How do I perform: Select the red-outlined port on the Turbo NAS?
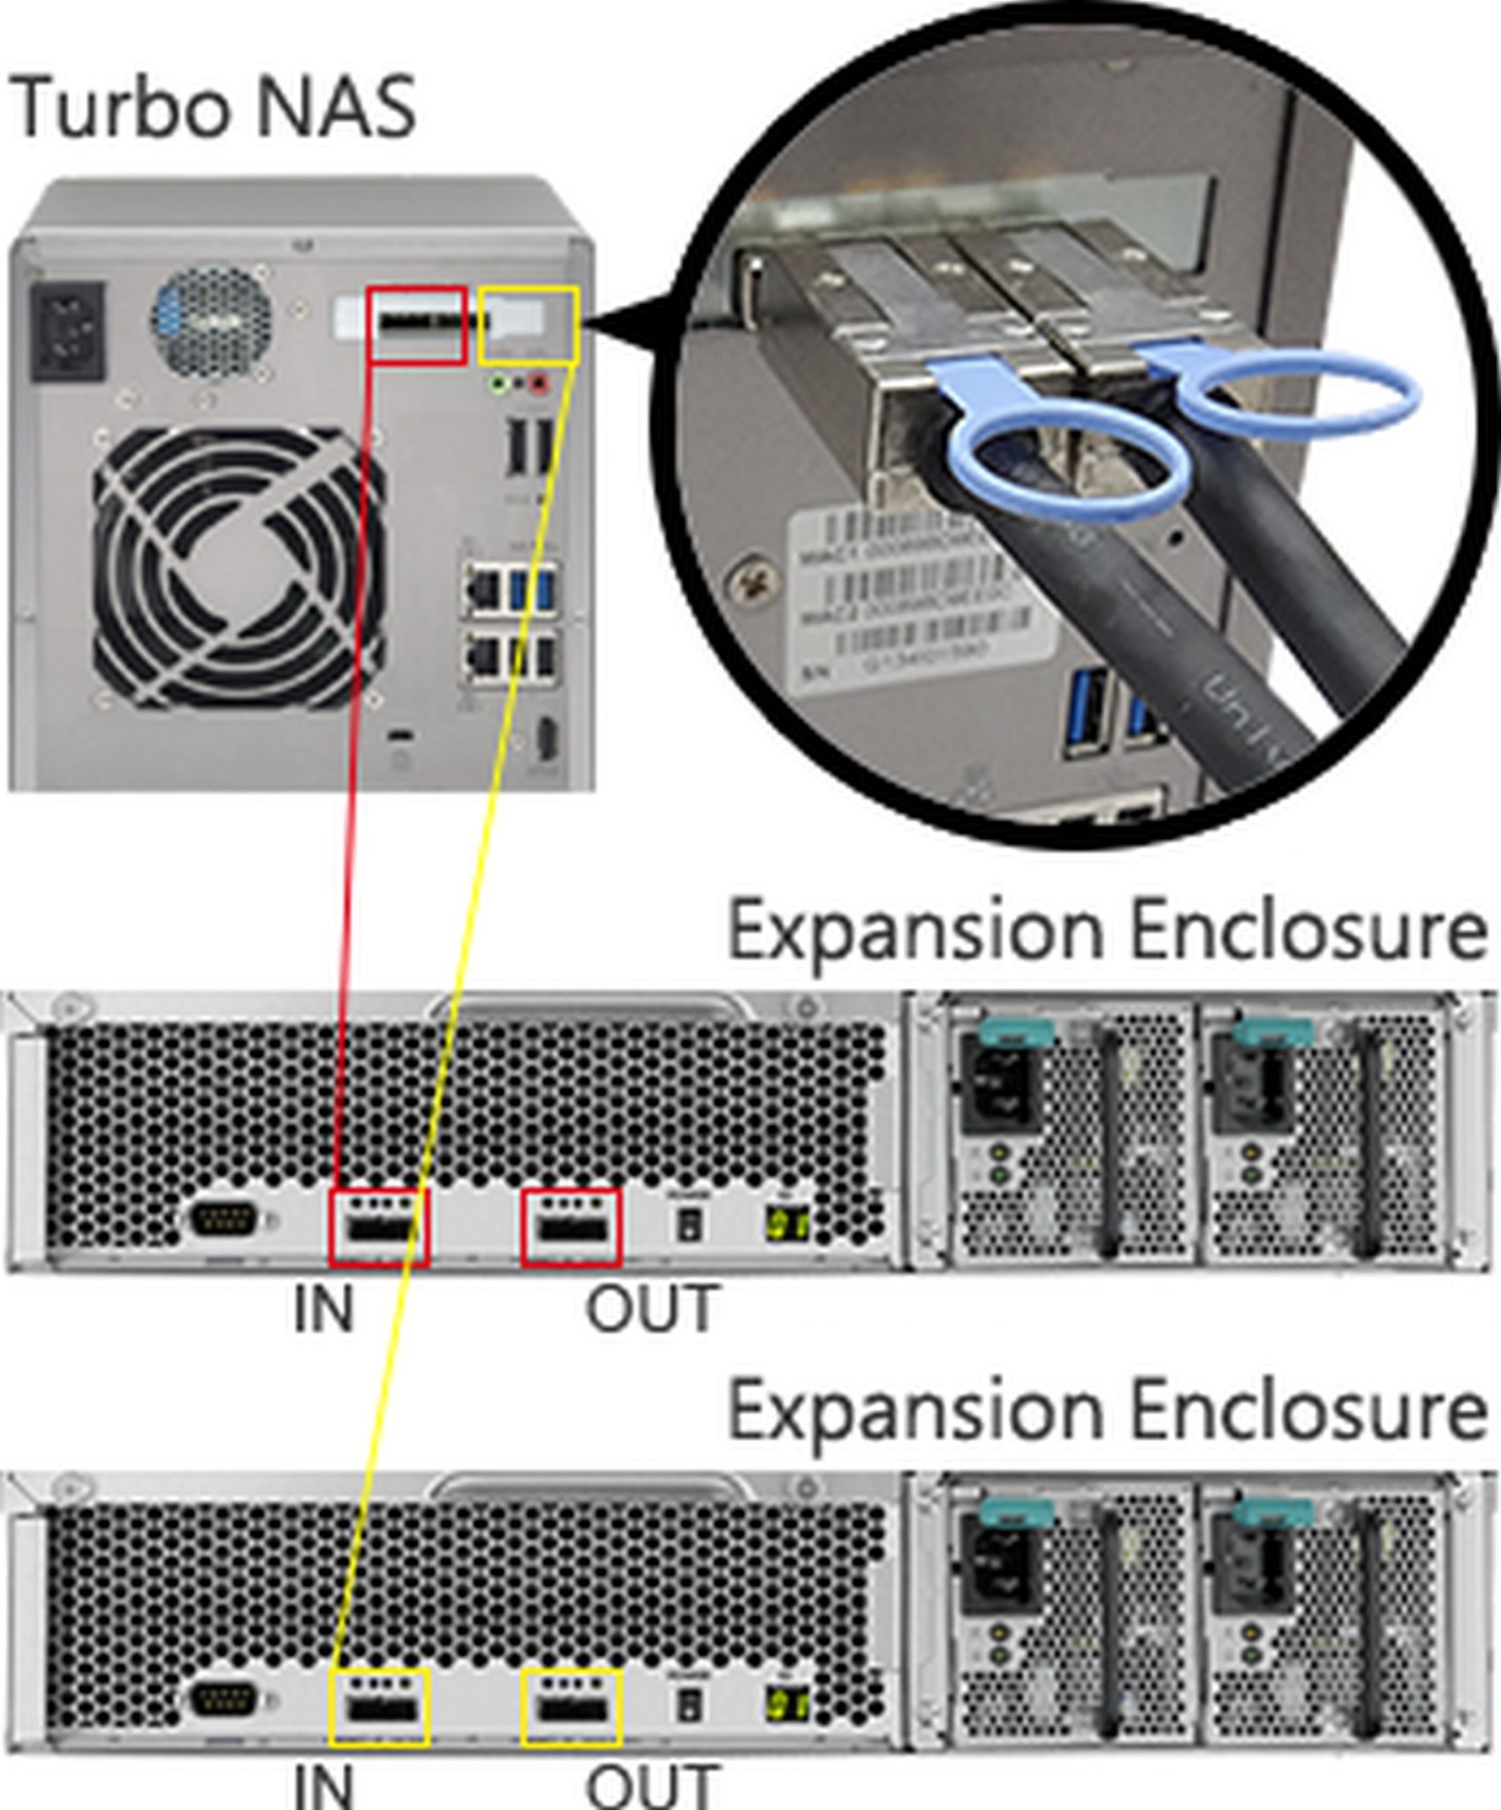(x=417, y=324)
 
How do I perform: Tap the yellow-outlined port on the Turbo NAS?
(x=527, y=324)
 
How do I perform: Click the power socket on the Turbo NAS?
(x=68, y=331)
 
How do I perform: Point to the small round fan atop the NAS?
(x=211, y=321)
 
